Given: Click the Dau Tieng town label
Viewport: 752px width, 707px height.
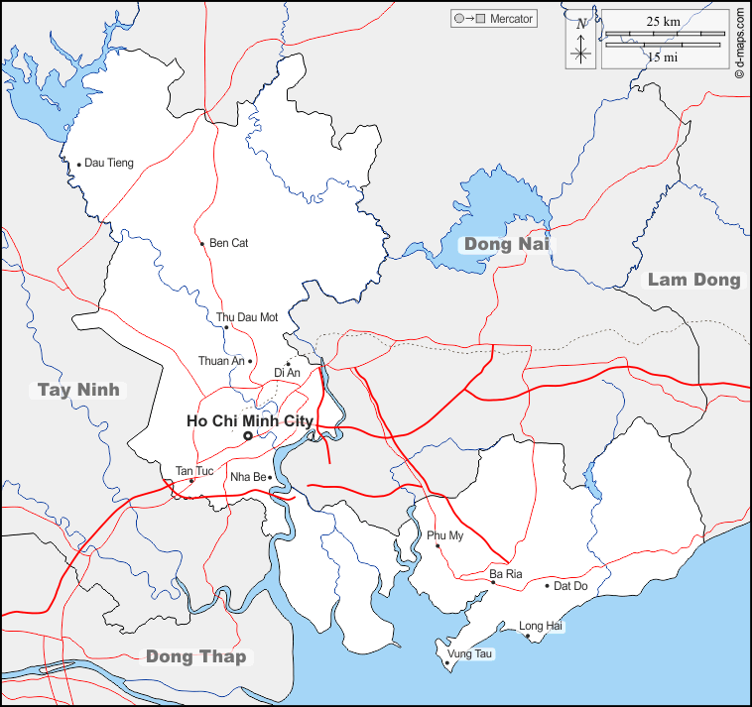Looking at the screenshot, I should point(108,163).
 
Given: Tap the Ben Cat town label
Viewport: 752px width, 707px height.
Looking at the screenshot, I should point(229,243).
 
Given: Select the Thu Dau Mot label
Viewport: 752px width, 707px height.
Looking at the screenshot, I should point(247,317).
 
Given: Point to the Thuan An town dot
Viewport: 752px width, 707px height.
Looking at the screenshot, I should point(251,361).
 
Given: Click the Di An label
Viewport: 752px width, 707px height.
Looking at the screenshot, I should point(287,373).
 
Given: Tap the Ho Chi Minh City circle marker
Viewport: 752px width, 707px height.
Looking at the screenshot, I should point(247,435).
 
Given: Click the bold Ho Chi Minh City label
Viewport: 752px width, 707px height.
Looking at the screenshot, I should point(249,420).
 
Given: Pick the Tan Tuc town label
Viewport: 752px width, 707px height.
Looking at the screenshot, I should point(193,470).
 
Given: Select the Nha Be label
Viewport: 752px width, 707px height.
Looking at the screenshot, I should point(247,477).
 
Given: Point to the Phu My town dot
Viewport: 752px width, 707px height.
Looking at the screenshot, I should point(438,545).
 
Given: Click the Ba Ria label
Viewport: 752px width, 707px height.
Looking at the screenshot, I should point(504,574).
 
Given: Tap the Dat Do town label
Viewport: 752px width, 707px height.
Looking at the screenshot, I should point(571,585).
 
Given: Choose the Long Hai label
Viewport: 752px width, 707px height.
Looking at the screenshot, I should point(541,626).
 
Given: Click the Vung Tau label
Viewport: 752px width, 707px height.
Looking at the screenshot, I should point(469,653).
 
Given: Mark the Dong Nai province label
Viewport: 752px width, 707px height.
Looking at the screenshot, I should point(506,244).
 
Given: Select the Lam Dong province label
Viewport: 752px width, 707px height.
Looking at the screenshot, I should point(693,280).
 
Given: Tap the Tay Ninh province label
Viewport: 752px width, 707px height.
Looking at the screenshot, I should point(78,390).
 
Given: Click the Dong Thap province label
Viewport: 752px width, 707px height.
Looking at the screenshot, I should point(195,655).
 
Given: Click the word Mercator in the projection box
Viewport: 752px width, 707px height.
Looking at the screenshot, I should point(511,19).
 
